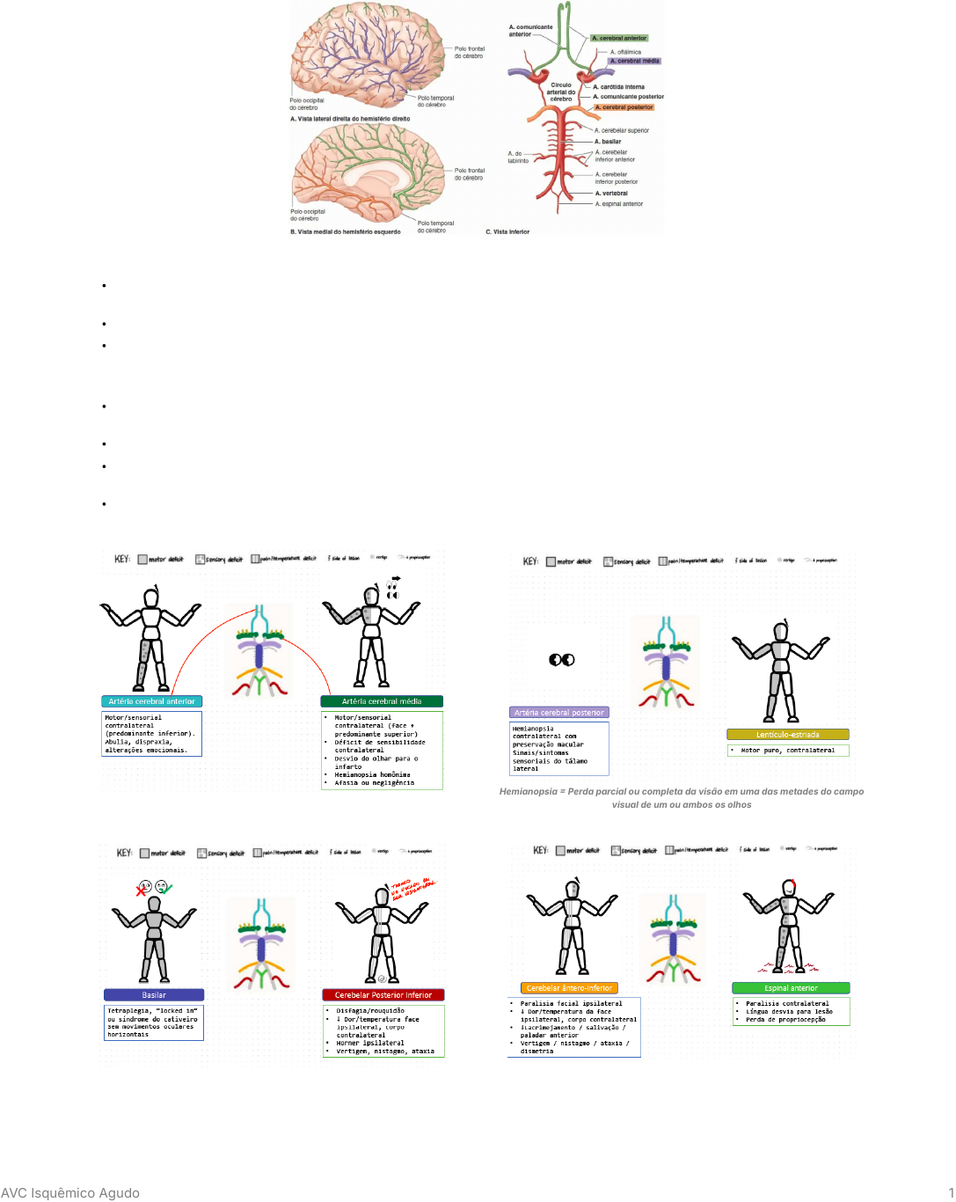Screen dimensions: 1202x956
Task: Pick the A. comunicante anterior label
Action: tap(529, 31)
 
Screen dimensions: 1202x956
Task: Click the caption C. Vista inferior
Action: tap(507, 232)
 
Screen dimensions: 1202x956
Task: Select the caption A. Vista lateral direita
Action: tap(350, 119)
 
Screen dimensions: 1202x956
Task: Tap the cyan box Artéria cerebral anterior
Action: tap(151, 701)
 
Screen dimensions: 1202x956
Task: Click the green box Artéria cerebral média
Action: tap(381, 701)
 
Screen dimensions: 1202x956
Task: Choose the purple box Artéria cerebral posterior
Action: tap(558, 713)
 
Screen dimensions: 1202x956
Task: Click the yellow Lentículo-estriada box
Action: tap(787, 735)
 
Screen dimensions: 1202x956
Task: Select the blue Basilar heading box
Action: tap(154, 995)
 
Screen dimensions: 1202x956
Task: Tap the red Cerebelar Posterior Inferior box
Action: tap(383, 995)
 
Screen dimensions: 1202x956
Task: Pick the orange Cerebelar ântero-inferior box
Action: tap(569, 988)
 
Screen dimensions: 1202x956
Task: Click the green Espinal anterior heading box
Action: tap(791, 988)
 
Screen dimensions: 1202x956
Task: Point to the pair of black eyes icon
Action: tap(561, 660)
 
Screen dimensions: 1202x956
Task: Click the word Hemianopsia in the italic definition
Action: tap(528, 792)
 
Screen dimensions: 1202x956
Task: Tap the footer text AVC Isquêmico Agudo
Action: tap(70, 1193)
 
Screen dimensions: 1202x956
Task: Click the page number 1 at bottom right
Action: tap(950, 1193)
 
